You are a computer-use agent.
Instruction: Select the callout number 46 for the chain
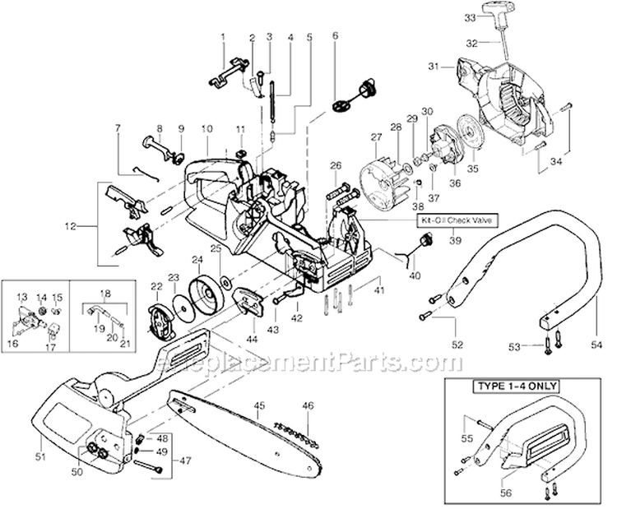(x=308, y=405)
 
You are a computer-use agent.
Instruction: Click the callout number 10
(x=206, y=129)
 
